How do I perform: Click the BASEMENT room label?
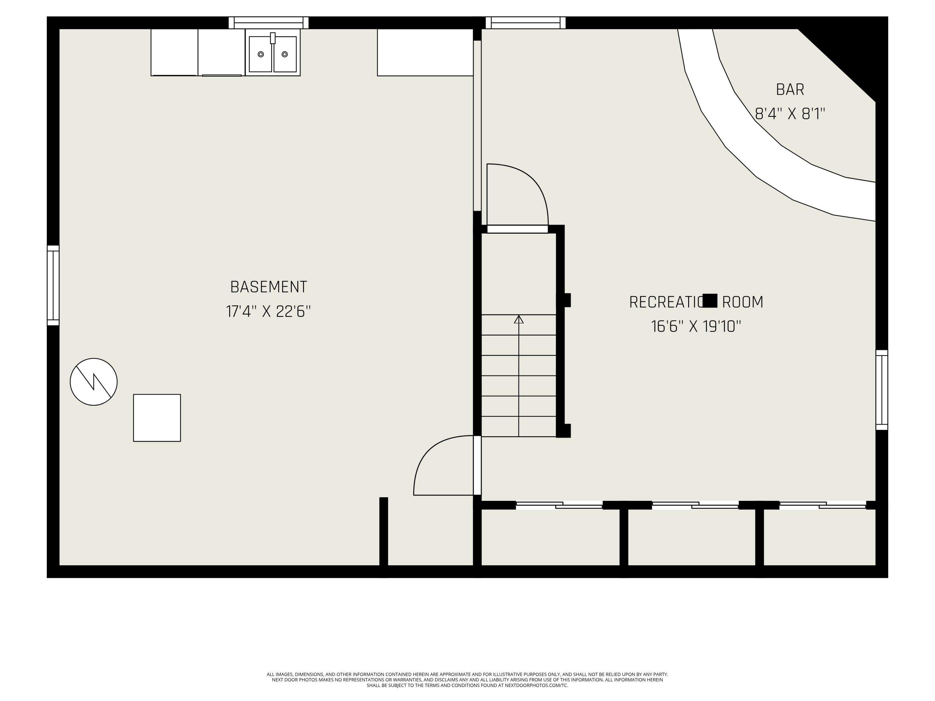pos(268,287)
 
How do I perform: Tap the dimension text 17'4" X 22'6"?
pos(268,312)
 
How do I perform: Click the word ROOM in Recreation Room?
pos(742,303)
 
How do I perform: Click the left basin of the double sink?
pos(260,54)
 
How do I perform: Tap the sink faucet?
pos(273,38)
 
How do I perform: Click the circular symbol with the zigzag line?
pos(93,382)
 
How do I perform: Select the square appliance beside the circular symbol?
pos(157,418)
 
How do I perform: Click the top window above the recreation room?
pos(525,23)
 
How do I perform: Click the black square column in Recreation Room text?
pos(710,300)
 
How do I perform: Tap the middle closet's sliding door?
pos(695,505)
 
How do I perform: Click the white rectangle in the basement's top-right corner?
pos(425,52)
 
